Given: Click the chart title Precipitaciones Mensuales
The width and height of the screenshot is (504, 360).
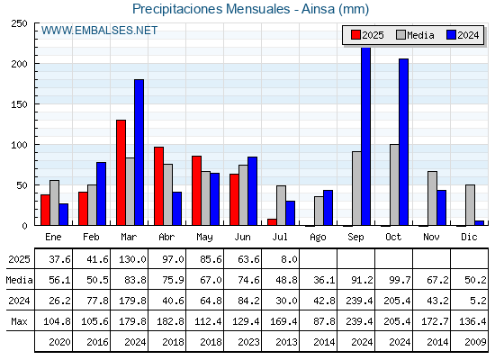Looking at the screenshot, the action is (211, 9).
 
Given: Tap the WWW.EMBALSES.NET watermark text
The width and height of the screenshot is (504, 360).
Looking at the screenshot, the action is (99, 31).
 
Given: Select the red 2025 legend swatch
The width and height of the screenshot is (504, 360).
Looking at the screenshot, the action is (355, 35).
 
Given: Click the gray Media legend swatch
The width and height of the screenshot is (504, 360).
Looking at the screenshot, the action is (400, 35).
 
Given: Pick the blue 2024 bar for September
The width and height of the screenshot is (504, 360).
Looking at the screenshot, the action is (365, 136).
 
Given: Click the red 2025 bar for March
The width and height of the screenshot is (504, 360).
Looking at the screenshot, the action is (121, 173).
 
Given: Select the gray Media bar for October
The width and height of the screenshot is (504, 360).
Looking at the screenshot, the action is (394, 184).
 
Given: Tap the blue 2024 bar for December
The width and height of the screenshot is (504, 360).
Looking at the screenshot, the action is (479, 223).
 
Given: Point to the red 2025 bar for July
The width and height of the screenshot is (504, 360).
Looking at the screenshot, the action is (272, 222).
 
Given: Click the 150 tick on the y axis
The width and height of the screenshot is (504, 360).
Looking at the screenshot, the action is (19, 104).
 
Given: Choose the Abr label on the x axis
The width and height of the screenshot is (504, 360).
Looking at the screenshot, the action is (166, 237).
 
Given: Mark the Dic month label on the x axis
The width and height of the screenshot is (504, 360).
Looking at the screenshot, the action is (469, 237).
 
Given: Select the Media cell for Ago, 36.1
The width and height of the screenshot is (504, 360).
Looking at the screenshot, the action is (324, 280).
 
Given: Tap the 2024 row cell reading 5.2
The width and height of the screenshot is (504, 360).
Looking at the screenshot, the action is (478, 301).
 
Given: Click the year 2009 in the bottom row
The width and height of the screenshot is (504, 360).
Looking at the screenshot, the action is (475, 342).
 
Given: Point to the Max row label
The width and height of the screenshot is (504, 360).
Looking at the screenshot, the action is (19, 321).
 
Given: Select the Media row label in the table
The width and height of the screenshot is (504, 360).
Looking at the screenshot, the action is (19, 280).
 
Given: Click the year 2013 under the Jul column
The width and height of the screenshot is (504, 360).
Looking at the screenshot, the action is (286, 342).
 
